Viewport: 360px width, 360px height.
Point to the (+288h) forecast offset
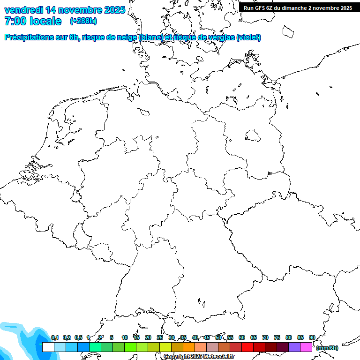coord(83,21)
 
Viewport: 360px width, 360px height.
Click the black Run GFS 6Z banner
coord(298,7)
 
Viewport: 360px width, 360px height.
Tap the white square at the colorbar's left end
coord(48,347)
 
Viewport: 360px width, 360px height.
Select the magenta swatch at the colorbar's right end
coord(306,347)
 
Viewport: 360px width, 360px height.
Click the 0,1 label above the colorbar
coord(55,338)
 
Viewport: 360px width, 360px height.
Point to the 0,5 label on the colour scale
coord(78,338)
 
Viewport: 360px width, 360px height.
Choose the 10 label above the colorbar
coord(125,338)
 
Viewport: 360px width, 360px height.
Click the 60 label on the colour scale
coord(242,338)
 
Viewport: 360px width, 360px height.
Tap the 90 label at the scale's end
coord(312,338)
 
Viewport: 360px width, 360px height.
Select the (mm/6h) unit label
coord(327,348)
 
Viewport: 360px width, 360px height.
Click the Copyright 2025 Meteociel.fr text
coord(199,357)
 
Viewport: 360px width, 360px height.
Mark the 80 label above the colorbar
coord(289,338)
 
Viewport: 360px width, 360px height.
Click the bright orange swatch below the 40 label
coord(189,347)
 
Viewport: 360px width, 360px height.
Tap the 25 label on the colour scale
coord(160,338)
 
